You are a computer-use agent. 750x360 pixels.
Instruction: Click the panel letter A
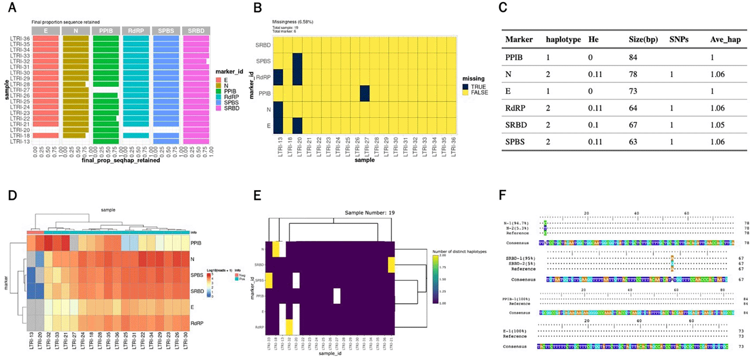12,7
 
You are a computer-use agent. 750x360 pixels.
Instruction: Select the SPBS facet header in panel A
166,31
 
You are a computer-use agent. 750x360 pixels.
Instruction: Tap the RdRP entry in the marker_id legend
231,97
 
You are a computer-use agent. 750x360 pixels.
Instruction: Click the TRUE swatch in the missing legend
466,87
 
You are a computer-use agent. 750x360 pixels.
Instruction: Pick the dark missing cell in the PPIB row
365,93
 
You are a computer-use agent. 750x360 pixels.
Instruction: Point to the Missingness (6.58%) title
292,22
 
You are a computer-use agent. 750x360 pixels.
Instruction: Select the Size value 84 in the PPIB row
633,57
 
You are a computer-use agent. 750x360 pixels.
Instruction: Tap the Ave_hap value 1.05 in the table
717,125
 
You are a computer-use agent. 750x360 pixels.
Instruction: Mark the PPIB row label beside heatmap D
196,243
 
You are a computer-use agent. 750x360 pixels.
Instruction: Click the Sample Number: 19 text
370,213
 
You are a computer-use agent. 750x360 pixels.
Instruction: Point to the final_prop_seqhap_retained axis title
121,160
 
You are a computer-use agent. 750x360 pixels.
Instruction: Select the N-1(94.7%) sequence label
517,223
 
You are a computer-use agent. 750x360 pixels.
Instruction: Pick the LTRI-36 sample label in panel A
20,39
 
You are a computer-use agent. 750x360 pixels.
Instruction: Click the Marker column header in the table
519,39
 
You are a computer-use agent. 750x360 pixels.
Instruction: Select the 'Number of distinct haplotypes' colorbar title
459,252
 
